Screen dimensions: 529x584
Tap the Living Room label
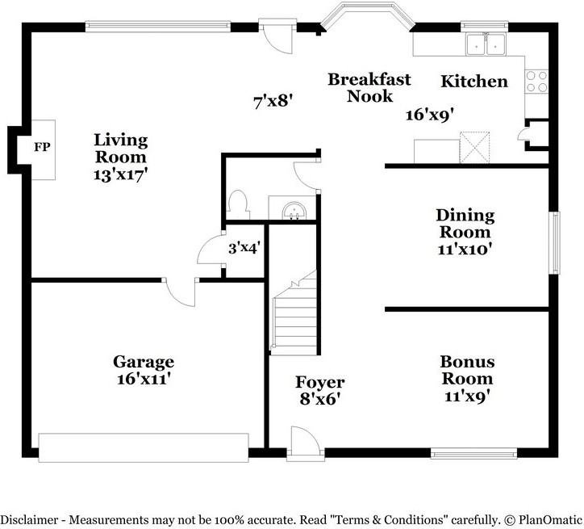(x=120, y=148)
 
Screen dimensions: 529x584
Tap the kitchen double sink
(x=486, y=44)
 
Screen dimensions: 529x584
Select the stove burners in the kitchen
(x=536, y=81)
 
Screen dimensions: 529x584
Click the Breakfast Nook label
(x=369, y=87)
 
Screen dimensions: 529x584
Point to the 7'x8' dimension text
(x=272, y=101)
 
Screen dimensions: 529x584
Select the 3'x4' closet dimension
(x=243, y=248)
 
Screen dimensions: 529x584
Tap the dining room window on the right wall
(x=555, y=242)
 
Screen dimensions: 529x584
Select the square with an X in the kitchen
(x=476, y=149)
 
